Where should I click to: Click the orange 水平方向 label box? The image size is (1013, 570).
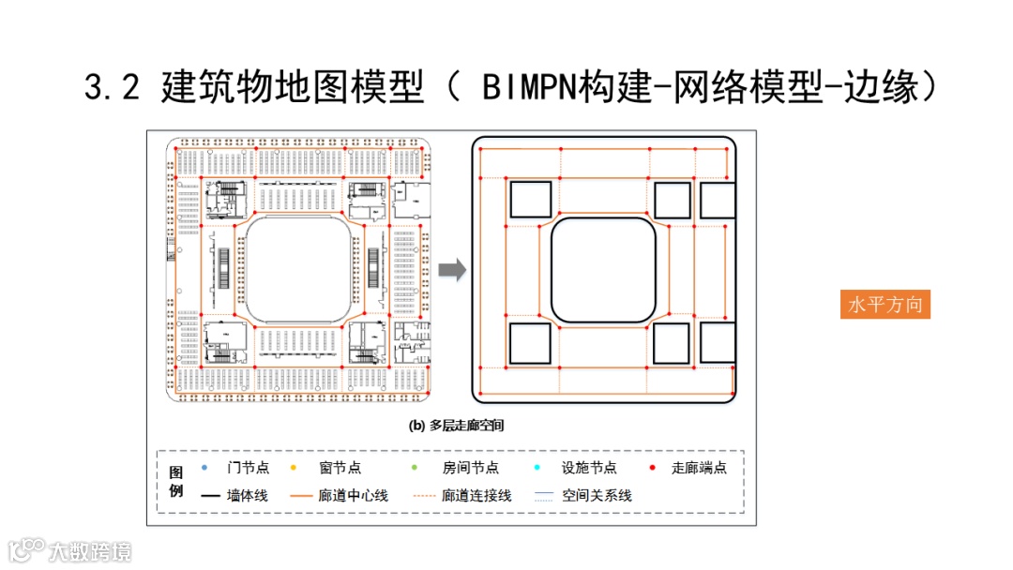tap(885, 305)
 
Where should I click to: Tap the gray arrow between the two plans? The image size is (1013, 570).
tap(452, 270)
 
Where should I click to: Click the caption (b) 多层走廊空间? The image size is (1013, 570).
tap(457, 425)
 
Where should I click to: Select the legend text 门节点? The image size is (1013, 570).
tap(248, 468)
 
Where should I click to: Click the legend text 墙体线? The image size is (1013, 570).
tap(248, 495)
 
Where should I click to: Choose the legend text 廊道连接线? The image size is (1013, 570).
tap(476, 495)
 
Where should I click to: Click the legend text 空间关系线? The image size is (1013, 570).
tap(597, 495)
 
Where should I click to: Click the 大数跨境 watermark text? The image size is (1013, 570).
tap(91, 551)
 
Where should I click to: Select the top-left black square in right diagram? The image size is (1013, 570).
tap(530, 201)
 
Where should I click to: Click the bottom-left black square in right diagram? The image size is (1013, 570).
tap(530, 343)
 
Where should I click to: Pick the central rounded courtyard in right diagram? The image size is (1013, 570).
tap(603, 270)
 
